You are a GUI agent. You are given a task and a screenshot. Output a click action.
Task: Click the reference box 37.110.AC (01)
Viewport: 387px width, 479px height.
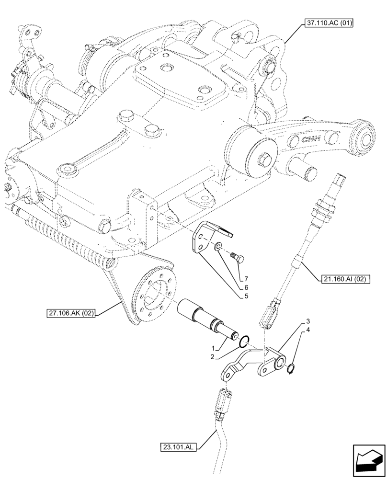point(328,22)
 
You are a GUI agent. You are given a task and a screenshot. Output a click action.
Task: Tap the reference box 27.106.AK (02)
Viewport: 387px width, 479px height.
point(71,314)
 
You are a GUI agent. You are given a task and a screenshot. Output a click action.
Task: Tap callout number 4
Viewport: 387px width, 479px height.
point(308,330)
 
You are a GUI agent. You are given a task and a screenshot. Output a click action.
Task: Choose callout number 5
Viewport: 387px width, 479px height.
point(246,296)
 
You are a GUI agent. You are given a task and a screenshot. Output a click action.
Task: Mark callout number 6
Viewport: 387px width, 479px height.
point(246,287)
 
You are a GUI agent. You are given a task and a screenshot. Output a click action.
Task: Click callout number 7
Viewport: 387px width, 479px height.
point(246,279)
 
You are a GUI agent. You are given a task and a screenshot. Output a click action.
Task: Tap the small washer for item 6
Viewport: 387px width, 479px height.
point(218,247)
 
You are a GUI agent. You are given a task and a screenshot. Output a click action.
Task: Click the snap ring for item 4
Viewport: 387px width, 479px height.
point(291,368)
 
